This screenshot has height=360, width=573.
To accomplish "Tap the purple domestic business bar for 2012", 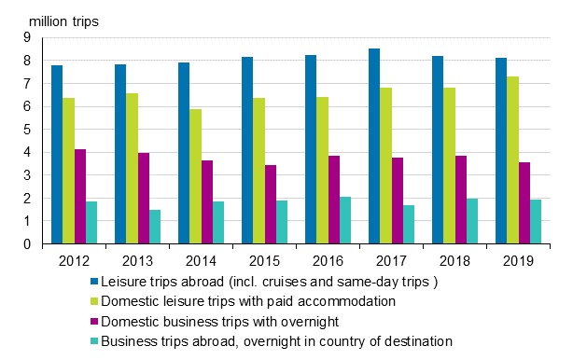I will click(x=80, y=197).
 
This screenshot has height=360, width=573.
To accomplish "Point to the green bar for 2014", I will click(x=195, y=176).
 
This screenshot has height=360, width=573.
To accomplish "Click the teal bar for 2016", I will click(x=345, y=220).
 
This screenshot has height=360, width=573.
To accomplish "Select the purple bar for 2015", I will click(x=271, y=204).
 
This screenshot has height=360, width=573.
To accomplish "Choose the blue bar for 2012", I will click(x=57, y=155).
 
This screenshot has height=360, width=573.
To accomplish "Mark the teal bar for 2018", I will click(x=472, y=221).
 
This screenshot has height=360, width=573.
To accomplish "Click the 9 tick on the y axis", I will click(x=28, y=37).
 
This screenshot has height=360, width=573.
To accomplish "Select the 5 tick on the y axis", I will click(x=28, y=130).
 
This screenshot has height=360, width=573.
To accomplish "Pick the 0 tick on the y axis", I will click(x=28, y=244).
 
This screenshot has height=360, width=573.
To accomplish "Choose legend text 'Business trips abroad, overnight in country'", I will click(x=276, y=341).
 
